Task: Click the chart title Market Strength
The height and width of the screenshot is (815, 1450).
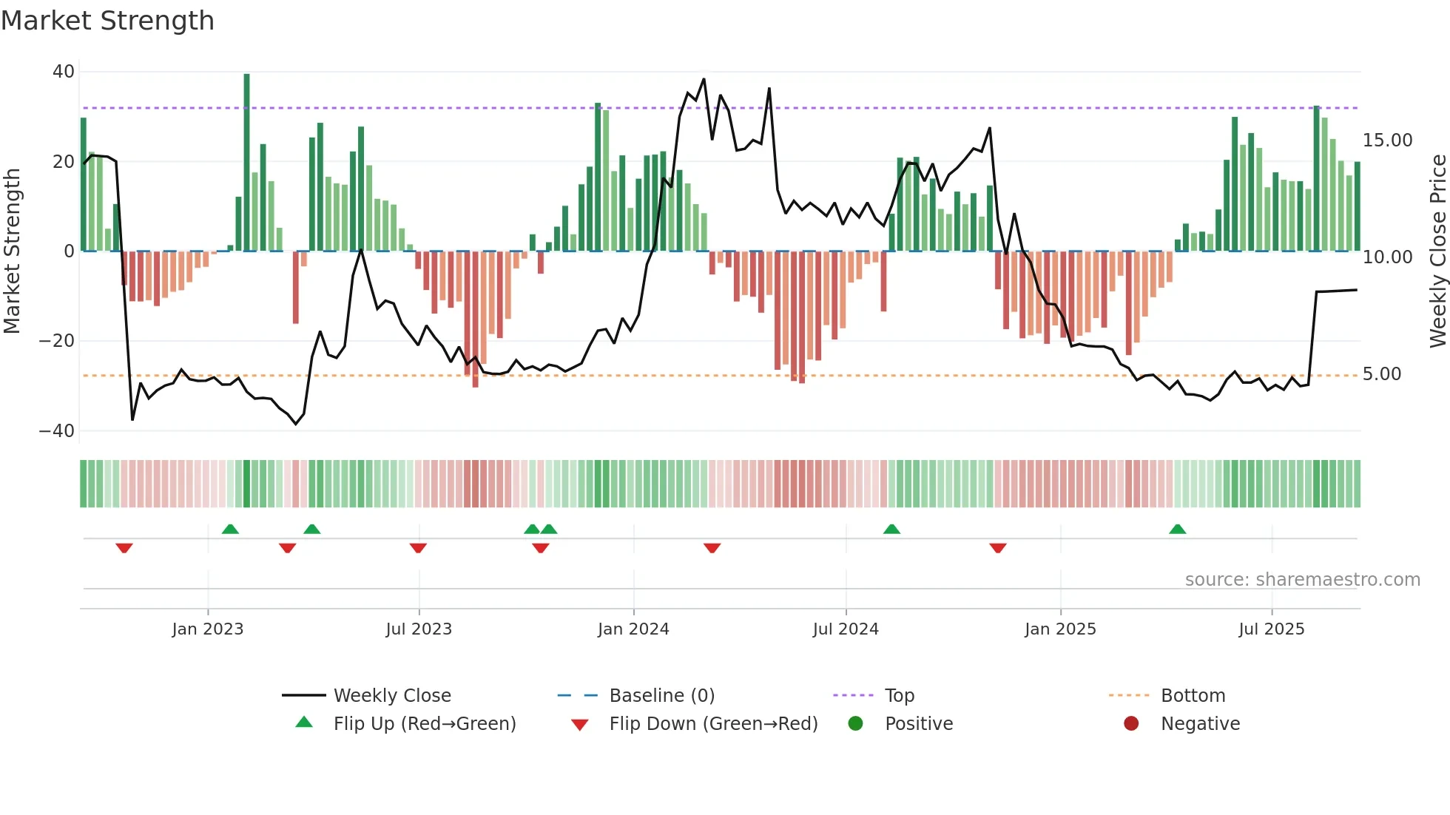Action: pyautogui.click(x=107, y=21)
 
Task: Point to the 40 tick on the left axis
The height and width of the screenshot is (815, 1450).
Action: pyautogui.click(x=64, y=72)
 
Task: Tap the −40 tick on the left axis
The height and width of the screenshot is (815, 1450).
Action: pyautogui.click(x=57, y=430)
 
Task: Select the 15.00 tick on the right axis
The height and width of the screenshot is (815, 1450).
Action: pyautogui.click(x=1387, y=141)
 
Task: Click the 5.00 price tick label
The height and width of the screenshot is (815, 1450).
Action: pyautogui.click(x=1381, y=374)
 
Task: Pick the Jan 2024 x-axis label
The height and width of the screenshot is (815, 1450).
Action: pyautogui.click(x=633, y=629)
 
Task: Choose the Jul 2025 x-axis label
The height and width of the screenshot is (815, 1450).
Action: pyautogui.click(x=1271, y=629)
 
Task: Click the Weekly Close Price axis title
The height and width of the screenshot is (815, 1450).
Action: pyautogui.click(x=1437, y=251)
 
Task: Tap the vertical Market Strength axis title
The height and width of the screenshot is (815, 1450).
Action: pyautogui.click(x=13, y=251)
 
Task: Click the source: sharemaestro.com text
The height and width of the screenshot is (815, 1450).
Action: pyautogui.click(x=1302, y=580)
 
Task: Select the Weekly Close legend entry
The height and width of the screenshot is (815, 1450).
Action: pyautogui.click(x=391, y=696)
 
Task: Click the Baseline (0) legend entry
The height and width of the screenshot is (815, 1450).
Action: pyautogui.click(x=661, y=696)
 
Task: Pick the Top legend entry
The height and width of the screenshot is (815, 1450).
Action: pyautogui.click(x=899, y=696)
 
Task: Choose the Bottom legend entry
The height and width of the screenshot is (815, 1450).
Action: pyautogui.click(x=1193, y=696)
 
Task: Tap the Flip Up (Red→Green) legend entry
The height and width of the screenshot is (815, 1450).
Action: pyautogui.click(x=424, y=724)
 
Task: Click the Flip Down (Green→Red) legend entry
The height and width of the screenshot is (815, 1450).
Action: pyautogui.click(x=712, y=724)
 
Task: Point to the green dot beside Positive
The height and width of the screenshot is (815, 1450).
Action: pyautogui.click(x=855, y=724)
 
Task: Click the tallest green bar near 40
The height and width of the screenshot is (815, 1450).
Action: pyautogui.click(x=246, y=163)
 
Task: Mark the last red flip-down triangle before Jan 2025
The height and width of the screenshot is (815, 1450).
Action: pyautogui.click(x=997, y=548)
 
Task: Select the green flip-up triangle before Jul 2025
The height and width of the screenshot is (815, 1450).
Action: pyautogui.click(x=1177, y=529)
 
